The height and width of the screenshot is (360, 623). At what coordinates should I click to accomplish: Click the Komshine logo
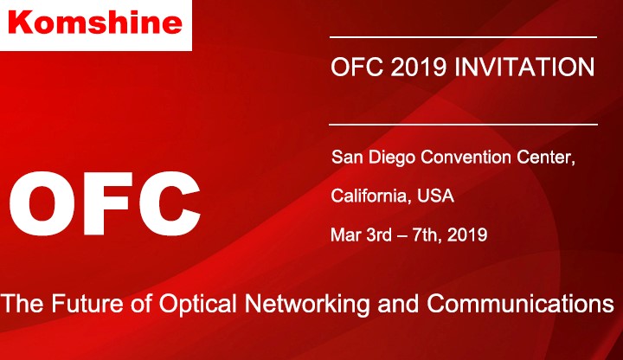pyautogui.click(x=95, y=22)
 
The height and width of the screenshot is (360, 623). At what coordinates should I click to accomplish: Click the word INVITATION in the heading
pyautogui.click(x=524, y=67)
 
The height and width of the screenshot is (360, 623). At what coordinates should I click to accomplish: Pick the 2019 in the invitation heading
pyautogui.click(x=419, y=67)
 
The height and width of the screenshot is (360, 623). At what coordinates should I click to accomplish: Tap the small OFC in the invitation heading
pyautogui.click(x=356, y=67)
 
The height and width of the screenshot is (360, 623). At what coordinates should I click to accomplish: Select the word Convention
pyautogui.click(x=466, y=157)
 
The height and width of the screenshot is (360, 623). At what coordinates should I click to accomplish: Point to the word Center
pyautogui.click(x=546, y=157)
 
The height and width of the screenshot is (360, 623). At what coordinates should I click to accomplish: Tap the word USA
pyautogui.click(x=435, y=196)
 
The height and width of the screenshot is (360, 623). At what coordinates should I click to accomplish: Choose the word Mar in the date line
pyautogui.click(x=345, y=235)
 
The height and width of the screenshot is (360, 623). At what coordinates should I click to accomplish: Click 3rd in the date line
pyautogui.click(x=379, y=235)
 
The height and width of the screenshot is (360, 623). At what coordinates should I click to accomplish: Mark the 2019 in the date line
pyautogui.click(x=467, y=235)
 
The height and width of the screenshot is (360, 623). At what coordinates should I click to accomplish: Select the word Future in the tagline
pyautogui.click(x=87, y=303)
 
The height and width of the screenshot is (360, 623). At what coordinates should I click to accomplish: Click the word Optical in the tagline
pyautogui.click(x=198, y=305)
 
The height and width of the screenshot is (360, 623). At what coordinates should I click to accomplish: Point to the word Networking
pyautogui.click(x=307, y=305)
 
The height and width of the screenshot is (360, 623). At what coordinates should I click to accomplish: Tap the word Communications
pyautogui.click(x=521, y=303)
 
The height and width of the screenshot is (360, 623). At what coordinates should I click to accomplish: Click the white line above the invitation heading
pyautogui.click(x=463, y=37)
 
